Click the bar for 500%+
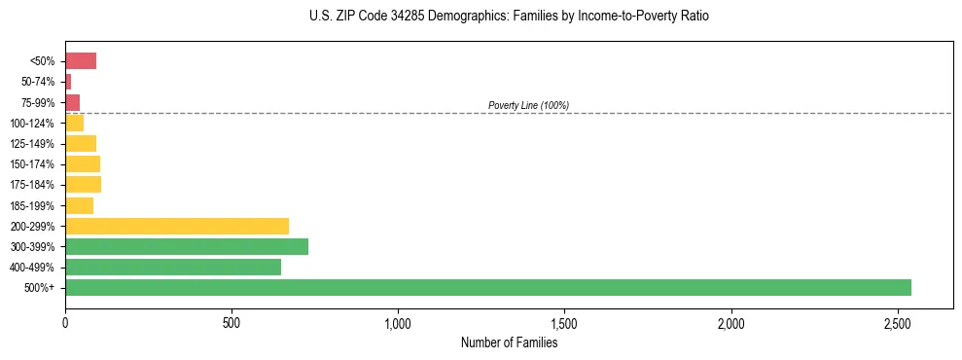[486, 287]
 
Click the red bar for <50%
[81, 61]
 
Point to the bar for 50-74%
[68, 82]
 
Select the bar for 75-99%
[73, 102]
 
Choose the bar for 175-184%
[83, 184]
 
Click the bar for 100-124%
[75, 123]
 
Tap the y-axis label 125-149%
[32, 144]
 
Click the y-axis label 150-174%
[32, 164]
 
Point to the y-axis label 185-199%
[32, 205]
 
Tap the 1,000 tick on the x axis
[398, 323]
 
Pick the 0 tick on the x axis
[65, 323]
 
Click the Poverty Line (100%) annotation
[528, 105]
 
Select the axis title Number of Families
[509, 342]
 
